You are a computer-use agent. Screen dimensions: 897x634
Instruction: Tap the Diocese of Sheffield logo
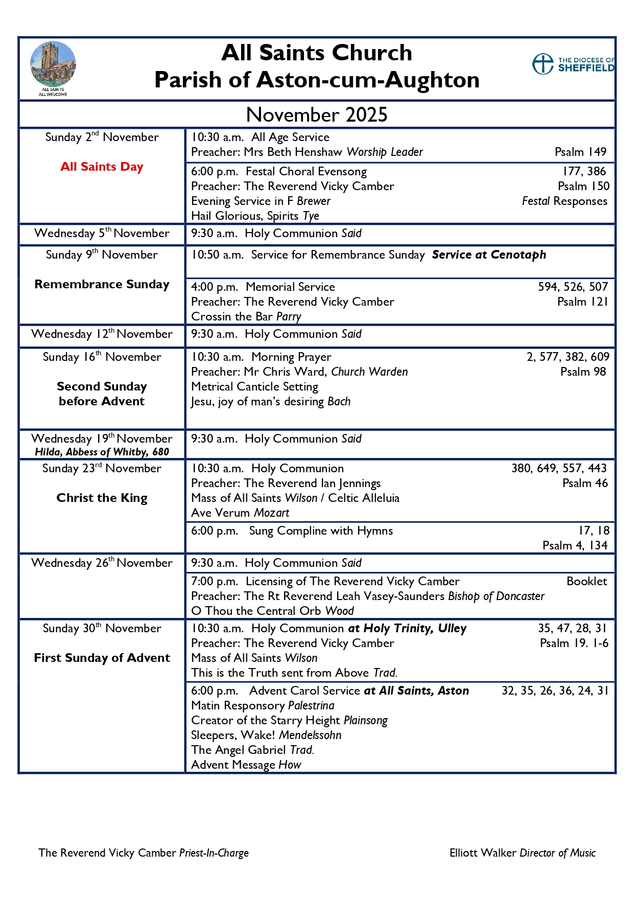pyautogui.click(x=573, y=64)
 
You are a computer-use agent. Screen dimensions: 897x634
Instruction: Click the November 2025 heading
pyautogui.click(x=317, y=114)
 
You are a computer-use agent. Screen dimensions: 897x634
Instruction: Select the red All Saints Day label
pyautogui.click(x=102, y=167)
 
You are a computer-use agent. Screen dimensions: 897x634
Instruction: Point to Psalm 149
pyautogui.click(x=580, y=152)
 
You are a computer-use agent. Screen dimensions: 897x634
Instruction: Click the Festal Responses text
pyautogui.click(x=565, y=201)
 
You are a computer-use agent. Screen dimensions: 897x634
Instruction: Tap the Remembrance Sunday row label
pyautogui.click(x=102, y=284)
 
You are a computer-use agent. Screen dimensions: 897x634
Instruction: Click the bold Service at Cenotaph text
pyautogui.click(x=489, y=255)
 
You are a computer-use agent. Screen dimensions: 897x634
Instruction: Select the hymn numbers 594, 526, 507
pyautogui.click(x=573, y=287)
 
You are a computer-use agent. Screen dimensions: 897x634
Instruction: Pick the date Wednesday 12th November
pyautogui.click(x=102, y=334)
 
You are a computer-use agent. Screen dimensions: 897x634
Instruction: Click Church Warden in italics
pyautogui.click(x=369, y=372)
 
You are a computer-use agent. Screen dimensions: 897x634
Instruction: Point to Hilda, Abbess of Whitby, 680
pyautogui.click(x=102, y=452)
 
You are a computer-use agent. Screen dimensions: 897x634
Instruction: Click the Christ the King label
pyautogui.click(x=102, y=498)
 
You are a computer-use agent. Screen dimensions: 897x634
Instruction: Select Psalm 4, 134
pyautogui.click(x=575, y=545)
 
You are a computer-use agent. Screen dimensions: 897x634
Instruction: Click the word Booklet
pyautogui.click(x=586, y=581)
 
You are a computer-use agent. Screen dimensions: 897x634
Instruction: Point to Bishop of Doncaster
pyautogui.click(x=496, y=596)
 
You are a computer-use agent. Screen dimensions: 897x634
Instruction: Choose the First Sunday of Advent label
pyautogui.click(x=102, y=658)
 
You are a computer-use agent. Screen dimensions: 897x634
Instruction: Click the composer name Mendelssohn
pyautogui.click(x=310, y=735)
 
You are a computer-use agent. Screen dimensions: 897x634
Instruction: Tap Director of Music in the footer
pyautogui.click(x=557, y=853)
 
